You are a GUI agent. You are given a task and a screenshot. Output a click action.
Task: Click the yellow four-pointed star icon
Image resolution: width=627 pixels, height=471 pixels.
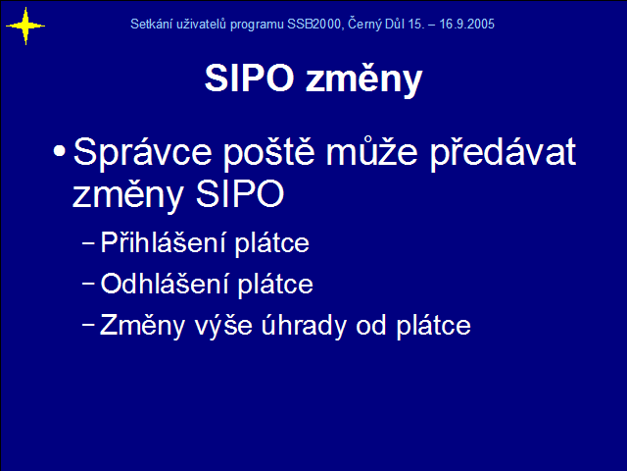coord(25,26)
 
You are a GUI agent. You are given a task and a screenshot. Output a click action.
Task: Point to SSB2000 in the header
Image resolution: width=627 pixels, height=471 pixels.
coord(313,24)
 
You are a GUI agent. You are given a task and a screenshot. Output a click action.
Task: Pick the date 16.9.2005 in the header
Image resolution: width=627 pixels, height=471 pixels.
coord(466,24)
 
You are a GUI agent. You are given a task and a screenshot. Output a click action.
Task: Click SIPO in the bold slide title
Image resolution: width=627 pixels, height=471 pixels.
coord(250,78)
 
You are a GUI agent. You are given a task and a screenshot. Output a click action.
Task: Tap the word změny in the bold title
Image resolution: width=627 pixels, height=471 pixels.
coord(363,79)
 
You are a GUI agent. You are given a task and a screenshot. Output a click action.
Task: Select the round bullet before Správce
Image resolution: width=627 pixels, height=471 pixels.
coord(59,151)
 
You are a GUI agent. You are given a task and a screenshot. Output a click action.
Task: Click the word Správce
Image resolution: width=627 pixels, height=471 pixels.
coord(142,152)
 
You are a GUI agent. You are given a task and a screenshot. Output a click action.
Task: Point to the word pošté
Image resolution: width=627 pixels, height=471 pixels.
coord(269,152)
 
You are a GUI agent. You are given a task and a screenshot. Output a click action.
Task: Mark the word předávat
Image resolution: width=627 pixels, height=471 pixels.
coord(503,152)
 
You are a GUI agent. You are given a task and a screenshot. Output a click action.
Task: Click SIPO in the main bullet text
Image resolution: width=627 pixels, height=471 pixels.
coord(240,194)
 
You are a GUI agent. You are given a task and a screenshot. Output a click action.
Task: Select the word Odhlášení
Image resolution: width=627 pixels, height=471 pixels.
coord(165,284)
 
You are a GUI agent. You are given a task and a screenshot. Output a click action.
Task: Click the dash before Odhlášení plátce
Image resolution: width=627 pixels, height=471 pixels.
coord(88,284)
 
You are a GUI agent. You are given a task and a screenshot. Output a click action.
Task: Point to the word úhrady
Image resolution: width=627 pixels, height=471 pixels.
coord(304,325)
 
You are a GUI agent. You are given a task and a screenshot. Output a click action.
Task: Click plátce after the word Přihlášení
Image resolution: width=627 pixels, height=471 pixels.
coord(272,243)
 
